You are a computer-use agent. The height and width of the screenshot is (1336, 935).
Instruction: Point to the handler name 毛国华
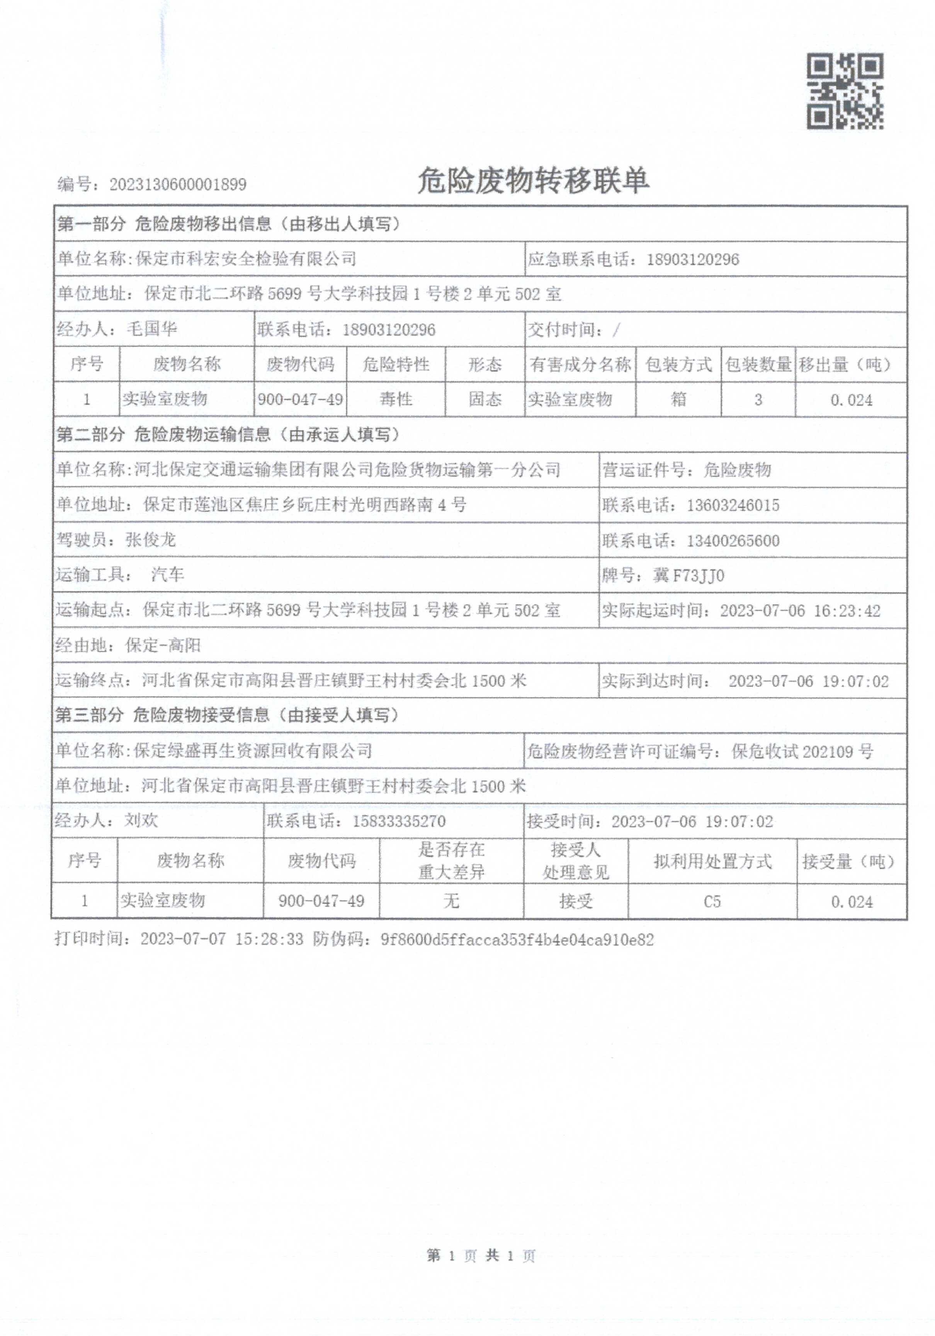tap(152, 329)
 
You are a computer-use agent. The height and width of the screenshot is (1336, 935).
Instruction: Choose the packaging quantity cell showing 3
tap(758, 400)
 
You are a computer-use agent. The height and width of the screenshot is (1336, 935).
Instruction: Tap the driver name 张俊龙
tap(151, 540)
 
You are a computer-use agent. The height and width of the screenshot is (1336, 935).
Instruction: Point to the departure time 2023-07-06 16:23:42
tap(800, 611)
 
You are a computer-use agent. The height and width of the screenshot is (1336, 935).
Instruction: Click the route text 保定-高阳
tap(163, 645)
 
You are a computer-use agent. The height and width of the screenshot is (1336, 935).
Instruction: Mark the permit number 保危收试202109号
tap(802, 752)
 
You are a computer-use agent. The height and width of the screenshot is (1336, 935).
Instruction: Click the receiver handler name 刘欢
tap(141, 821)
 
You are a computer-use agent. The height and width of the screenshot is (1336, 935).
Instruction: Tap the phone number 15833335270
tap(399, 822)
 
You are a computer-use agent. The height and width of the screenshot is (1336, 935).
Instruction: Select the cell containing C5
tap(712, 902)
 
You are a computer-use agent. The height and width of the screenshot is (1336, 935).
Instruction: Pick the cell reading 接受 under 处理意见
tap(575, 902)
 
